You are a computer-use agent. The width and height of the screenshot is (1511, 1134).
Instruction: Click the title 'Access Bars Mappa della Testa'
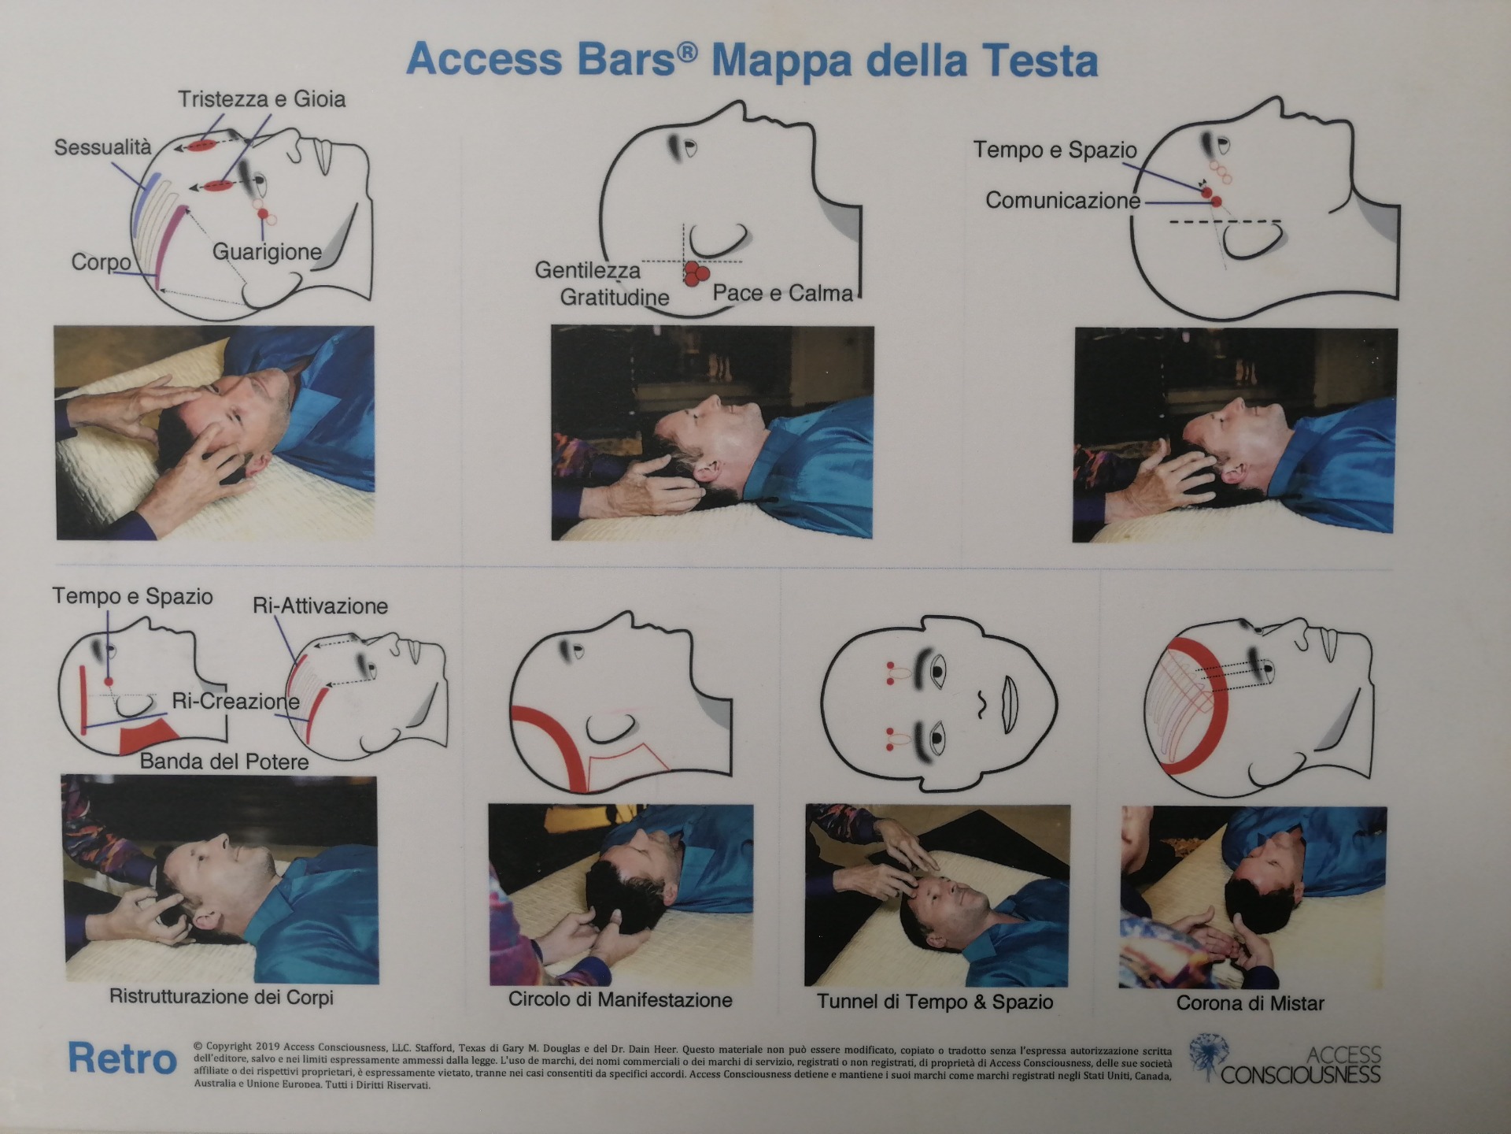752,61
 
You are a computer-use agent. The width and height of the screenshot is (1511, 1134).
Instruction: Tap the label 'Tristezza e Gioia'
261,99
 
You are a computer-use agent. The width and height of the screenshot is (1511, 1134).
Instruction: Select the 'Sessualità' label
102,147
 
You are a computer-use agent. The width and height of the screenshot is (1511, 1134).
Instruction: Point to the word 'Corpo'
101,261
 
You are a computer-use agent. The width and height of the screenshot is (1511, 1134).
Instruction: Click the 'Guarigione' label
267,252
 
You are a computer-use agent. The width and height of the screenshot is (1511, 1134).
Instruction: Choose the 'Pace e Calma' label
782,293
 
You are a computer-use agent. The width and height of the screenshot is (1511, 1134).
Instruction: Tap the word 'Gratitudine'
615,297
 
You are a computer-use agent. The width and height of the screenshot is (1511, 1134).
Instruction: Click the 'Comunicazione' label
1062,201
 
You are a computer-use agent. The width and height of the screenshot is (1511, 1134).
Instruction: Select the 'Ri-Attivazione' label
320,606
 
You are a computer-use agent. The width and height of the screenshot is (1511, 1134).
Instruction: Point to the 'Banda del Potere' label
224,762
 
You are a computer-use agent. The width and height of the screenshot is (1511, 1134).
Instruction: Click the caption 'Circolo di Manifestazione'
620,1000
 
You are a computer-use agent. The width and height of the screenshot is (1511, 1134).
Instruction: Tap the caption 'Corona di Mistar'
1250,1003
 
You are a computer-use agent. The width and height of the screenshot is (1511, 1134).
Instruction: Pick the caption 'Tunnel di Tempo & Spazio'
935,1002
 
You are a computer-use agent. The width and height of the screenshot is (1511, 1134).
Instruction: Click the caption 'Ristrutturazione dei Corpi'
221,997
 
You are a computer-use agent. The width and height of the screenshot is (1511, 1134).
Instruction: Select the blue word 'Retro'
122,1058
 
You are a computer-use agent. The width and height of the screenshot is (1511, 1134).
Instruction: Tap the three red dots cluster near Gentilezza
695,274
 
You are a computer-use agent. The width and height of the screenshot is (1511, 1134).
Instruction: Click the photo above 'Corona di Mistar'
1253,896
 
